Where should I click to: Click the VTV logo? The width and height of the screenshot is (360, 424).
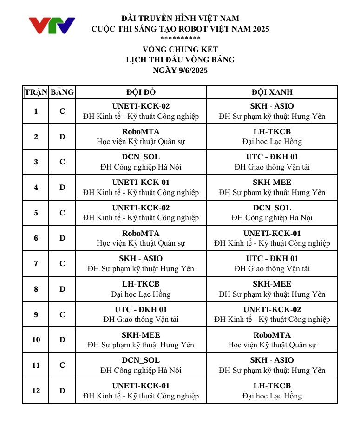[x=52, y=25]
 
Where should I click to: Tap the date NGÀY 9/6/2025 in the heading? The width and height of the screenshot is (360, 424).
[x=180, y=71]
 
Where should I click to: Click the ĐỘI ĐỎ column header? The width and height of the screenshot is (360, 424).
[x=140, y=92]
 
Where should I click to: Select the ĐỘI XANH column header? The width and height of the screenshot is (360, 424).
[x=272, y=92]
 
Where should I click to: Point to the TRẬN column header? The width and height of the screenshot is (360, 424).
[x=36, y=92]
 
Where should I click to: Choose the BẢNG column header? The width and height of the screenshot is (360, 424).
[x=62, y=92]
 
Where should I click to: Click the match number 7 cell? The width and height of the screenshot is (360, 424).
[x=36, y=263]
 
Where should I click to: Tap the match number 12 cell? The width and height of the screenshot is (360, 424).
[x=36, y=391]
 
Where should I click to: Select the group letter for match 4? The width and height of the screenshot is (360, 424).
[x=62, y=187]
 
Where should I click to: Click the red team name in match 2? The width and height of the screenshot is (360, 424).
[x=141, y=131]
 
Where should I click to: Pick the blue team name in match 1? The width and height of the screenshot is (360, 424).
[x=272, y=106]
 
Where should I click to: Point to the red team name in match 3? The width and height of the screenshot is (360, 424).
[x=141, y=157]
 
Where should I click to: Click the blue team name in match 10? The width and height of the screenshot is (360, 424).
[x=272, y=335]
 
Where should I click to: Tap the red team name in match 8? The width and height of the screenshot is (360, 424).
[x=141, y=284]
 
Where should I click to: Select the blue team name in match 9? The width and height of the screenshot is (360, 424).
[x=272, y=309]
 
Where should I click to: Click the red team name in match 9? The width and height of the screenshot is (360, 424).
[x=141, y=309]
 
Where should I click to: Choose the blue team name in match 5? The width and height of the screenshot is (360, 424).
[x=272, y=208]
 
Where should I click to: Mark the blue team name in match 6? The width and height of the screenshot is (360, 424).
[x=272, y=233]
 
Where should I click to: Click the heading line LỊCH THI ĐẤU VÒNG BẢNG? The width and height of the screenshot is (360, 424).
[x=180, y=59]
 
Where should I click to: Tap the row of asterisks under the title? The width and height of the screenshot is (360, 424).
[x=180, y=39]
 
